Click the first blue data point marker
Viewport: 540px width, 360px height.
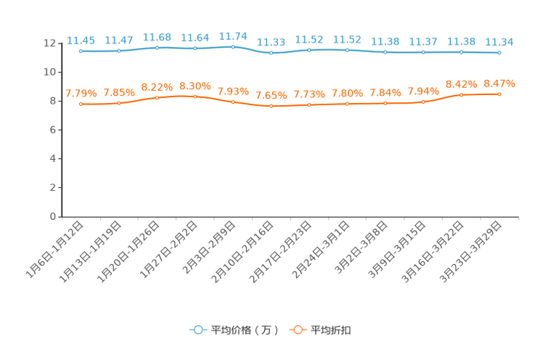point(81,52)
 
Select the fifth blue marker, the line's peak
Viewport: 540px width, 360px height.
point(233,46)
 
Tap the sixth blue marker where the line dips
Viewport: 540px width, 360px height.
point(271,53)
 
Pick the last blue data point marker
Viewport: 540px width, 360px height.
point(499,52)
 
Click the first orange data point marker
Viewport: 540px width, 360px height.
point(81,105)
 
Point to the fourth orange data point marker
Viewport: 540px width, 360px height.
point(195,97)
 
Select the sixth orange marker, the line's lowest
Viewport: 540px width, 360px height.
point(271,107)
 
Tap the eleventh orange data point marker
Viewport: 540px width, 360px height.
point(461,95)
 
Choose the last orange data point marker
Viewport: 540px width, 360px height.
point(499,94)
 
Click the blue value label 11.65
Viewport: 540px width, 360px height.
point(81,40)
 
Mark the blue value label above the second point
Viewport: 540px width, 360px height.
point(118,39)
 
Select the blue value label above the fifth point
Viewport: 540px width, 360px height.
point(233,35)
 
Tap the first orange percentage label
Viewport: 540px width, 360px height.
point(81,94)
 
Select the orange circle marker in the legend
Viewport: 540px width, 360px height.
point(298,330)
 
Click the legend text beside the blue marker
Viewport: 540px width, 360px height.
point(245,330)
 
